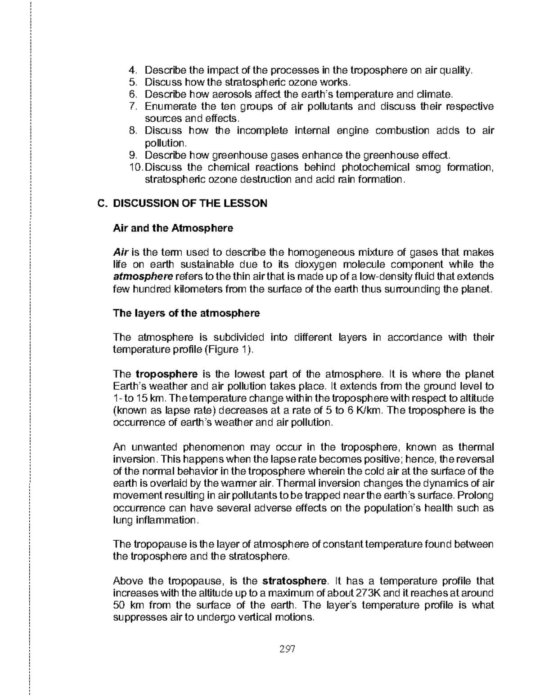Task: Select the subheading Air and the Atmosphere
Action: [x=173, y=228]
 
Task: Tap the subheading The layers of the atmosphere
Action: [x=186, y=313]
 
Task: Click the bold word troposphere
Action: [x=166, y=374]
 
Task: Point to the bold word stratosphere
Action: [x=293, y=581]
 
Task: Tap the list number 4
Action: [x=132, y=70]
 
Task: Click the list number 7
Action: [x=132, y=107]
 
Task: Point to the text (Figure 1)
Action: [x=229, y=350]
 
